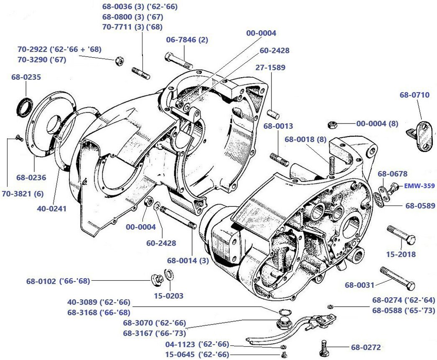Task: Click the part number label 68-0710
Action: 414,95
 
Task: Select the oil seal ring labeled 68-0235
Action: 23,106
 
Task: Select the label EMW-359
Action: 419,186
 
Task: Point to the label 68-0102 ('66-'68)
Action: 58,281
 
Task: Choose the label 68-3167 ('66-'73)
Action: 154,333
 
